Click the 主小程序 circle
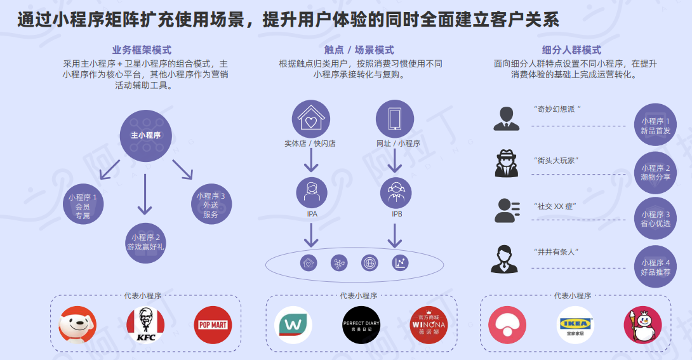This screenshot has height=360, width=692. pyautogui.click(x=145, y=135)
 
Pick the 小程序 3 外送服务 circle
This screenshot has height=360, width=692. pyautogui.click(x=211, y=205)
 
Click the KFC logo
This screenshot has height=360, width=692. pyautogui.click(x=145, y=325)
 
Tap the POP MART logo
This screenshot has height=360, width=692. pyautogui.click(x=213, y=325)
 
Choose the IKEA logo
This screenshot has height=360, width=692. pyautogui.click(x=575, y=325)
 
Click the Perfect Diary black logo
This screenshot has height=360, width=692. pyautogui.click(x=361, y=325)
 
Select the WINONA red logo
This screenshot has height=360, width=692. pyautogui.click(x=428, y=325)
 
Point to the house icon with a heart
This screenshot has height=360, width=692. pyautogui.click(x=310, y=119)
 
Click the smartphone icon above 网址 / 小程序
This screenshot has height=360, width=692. pyautogui.click(x=395, y=119)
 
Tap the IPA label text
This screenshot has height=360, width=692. pyautogui.click(x=312, y=214)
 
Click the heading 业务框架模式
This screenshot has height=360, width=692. pyautogui.click(x=142, y=50)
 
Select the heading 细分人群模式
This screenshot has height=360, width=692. pyautogui.click(x=571, y=50)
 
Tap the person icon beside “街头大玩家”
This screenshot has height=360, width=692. pyautogui.click(x=507, y=164)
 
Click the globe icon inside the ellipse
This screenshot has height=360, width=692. pyautogui.click(x=369, y=263)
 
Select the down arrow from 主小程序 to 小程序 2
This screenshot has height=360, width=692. pyautogui.click(x=145, y=192)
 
